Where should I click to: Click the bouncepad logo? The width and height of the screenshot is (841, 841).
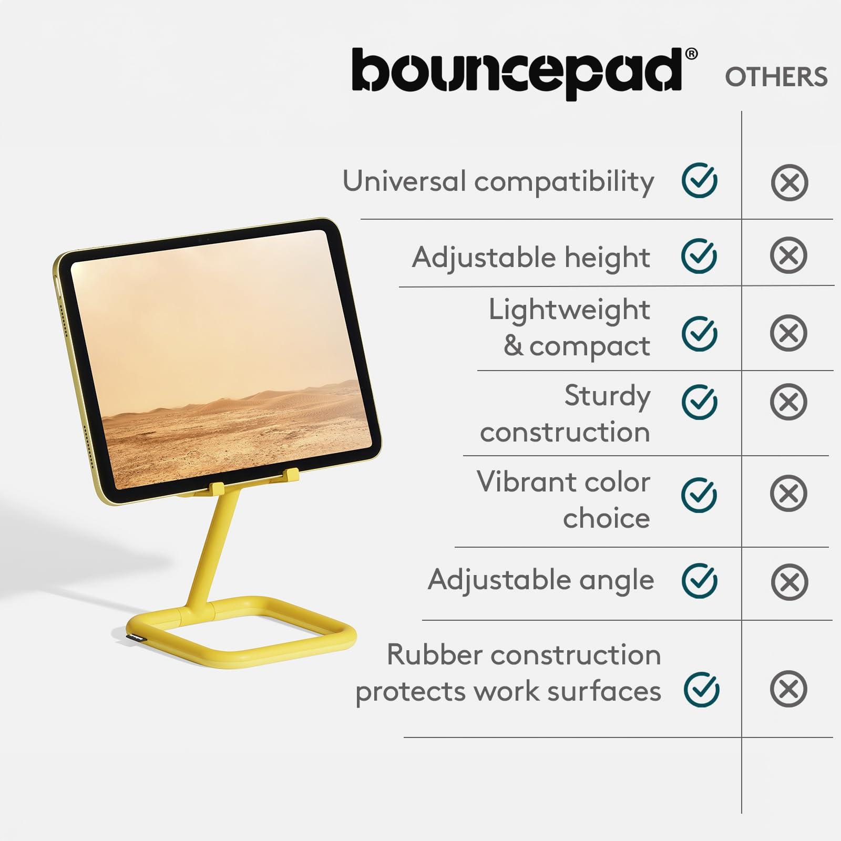[x=518, y=74]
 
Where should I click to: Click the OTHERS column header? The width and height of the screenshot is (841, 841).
[x=776, y=77]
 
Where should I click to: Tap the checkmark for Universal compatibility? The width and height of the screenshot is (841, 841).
[x=700, y=181]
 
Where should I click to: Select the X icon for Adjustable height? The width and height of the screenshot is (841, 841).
[x=788, y=256]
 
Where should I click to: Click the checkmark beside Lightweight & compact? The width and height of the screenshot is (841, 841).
[x=700, y=333]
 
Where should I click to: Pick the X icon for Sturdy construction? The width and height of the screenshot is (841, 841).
[x=788, y=402]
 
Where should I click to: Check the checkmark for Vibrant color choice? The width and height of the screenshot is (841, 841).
[x=700, y=495]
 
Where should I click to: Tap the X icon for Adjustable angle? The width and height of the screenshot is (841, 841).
[x=789, y=582]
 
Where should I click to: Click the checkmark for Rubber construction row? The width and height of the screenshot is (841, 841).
[x=702, y=689]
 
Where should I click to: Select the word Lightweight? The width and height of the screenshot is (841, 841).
[x=569, y=310]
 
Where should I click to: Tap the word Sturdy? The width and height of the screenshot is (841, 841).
[x=607, y=396]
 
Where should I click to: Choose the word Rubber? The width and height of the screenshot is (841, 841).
[x=433, y=655]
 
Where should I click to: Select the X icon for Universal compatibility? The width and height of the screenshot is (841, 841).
[x=789, y=183]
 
